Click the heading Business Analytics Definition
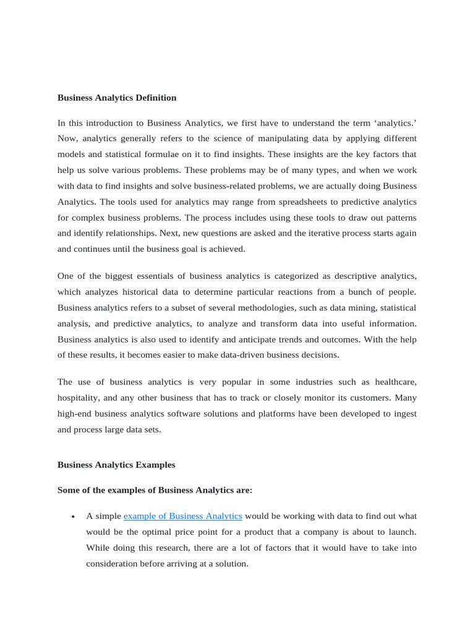point(117,98)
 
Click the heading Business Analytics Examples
point(116,465)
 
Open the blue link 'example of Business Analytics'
point(182,516)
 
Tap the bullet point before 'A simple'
point(73,517)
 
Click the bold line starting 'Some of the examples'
point(155,490)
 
